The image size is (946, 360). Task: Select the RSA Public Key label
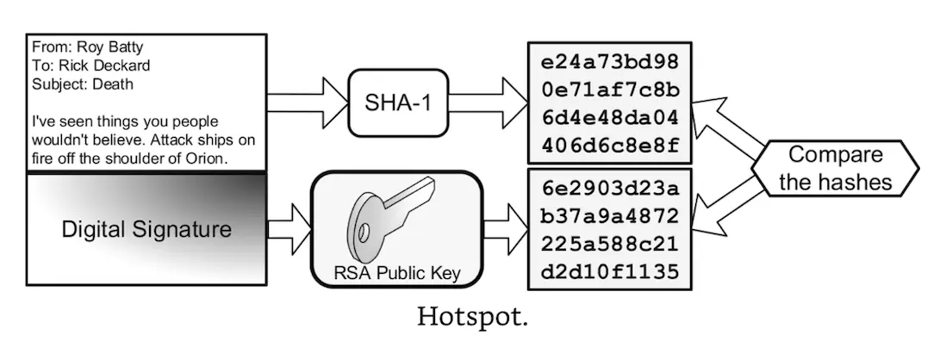pyautogui.click(x=397, y=274)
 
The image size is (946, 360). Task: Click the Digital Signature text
pyautogui.click(x=146, y=230)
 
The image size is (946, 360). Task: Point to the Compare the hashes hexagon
pyautogui.click(x=836, y=169)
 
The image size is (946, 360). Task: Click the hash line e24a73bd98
pyautogui.click(x=610, y=62)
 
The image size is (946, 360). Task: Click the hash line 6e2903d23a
pyautogui.click(x=610, y=189)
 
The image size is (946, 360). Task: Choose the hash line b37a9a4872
pyautogui.click(x=610, y=215)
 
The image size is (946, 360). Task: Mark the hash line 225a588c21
pyautogui.click(x=610, y=244)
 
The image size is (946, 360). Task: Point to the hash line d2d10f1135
pyautogui.click(x=610, y=271)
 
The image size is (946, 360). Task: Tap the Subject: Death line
pyautogui.click(x=83, y=84)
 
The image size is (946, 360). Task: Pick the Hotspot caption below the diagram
pyautogui.click(x=472, y=317)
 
